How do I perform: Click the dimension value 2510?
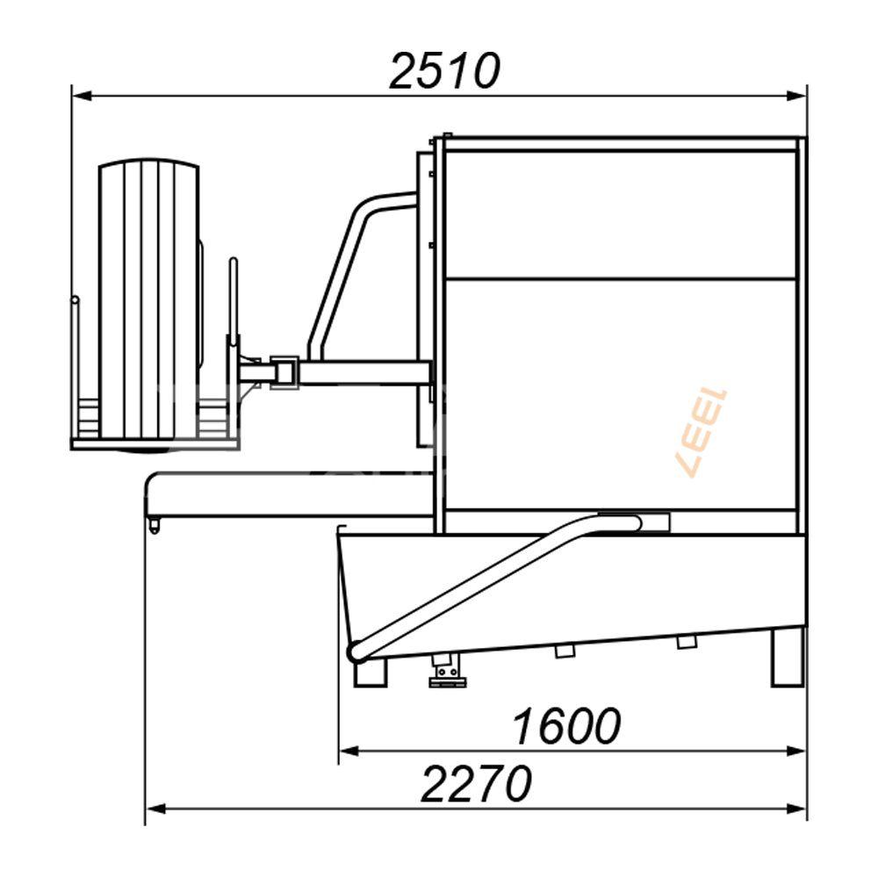coord(444,71)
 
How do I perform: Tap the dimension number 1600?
coord(566,726)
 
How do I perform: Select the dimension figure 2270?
coord(476,784)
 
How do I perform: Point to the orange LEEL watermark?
coord(702,431)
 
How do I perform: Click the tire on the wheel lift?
coord(149,299)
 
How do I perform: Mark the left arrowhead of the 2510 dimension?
coord(82,97)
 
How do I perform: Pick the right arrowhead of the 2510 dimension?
coord(796,97)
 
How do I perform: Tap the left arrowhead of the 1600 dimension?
coord(349,751)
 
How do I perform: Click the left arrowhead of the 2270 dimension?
coord(155,810)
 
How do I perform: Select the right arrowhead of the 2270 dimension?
coord(796,810)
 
